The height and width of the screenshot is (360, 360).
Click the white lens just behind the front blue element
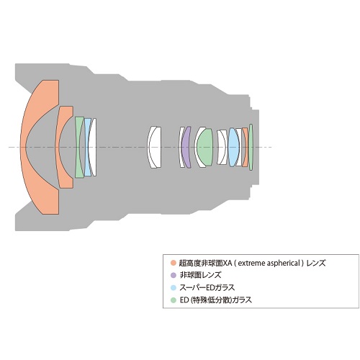[94, 147]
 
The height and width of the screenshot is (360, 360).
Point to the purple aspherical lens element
[185, 147]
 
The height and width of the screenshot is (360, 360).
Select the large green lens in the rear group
[204, 147]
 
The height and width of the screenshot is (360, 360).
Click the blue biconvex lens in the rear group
[234, 147]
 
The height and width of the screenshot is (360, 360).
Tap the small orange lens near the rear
[246, 147]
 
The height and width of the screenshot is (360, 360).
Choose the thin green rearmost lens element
[251, 147]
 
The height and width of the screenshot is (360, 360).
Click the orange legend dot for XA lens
[174, 263]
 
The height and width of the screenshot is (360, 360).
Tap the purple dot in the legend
[174, 275]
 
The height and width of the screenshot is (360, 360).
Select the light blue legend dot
[174, 287]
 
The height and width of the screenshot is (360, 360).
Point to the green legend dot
[174, 300]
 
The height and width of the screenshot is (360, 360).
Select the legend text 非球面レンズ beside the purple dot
[201, 275]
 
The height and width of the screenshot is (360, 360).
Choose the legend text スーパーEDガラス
[207, 287]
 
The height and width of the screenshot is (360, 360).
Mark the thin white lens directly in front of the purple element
[181, 147]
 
